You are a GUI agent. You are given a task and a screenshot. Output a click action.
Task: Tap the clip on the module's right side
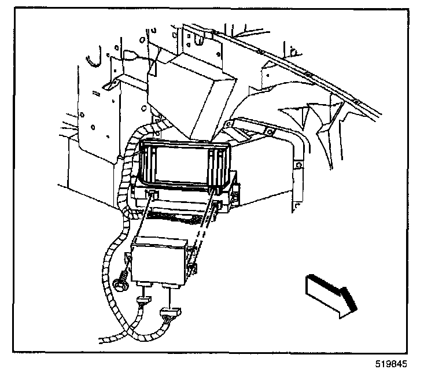click(x=190, y=268)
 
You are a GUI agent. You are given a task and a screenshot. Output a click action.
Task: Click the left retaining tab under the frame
click(x=153, y=195)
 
